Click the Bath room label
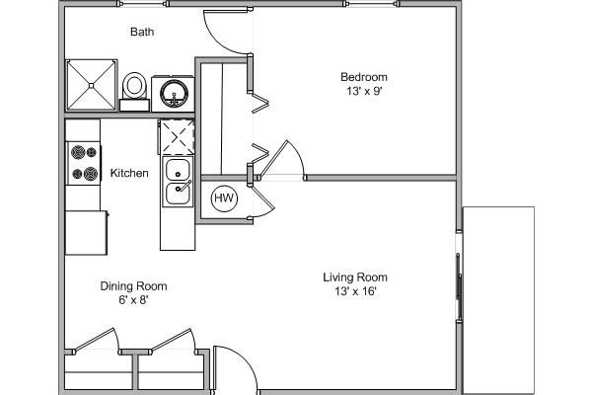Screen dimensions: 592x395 [x=142, y=32]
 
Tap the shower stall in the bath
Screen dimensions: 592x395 [x=91, y=87]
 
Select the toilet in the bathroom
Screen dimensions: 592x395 [x=134, y=89]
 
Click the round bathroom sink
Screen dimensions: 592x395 [x=176, y=95]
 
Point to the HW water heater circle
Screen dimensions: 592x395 [x=224, y=198]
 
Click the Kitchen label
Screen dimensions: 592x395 [x=129, y=174]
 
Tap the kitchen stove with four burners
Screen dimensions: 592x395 [x=83, y=163]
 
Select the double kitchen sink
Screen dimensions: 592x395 [x=178, y=181]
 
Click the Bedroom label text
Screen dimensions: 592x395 [x=363, y=77]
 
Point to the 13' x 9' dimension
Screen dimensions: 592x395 [x=363, y=91]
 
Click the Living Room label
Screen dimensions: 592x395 [x=355, y=277]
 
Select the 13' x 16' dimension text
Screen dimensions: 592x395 [x=355, y=291]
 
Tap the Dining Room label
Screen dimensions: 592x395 [x=133, y=286]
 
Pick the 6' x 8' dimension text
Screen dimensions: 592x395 [x=133, y=300]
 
